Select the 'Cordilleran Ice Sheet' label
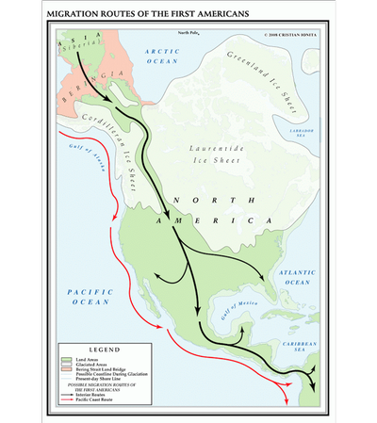124,154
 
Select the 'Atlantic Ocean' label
292,277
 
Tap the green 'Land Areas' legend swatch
67,360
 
